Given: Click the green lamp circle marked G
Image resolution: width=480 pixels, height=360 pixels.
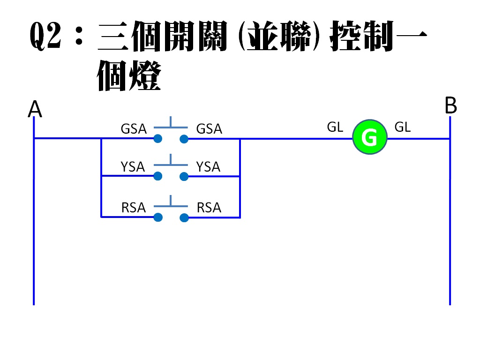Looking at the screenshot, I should click(x=370, y=138).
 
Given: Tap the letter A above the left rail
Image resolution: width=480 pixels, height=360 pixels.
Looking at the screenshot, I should click(x=35, y=110).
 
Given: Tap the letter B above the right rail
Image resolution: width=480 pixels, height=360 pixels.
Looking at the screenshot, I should click(x=450, y=106).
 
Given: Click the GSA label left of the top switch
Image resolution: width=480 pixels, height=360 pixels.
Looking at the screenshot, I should click(x=134, y=128).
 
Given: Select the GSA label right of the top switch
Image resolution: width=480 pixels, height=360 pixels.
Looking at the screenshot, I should click(x=209, y=128).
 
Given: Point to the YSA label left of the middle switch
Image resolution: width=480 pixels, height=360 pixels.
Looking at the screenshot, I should click(x=133, y=166).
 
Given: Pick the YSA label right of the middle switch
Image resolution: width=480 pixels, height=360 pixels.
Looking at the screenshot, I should click(x=208, y=166).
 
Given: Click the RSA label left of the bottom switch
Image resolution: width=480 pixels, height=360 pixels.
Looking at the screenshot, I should click(x=134, y=207).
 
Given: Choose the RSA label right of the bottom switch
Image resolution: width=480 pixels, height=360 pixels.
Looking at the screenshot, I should click(x=209, y=207).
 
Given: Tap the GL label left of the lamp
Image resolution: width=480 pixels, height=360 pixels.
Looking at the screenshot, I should click(x=335, y=127).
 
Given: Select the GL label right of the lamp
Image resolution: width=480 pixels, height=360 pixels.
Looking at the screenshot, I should click(x=403, y=127).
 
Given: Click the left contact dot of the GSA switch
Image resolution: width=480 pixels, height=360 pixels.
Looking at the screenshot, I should click(x=158, y=139).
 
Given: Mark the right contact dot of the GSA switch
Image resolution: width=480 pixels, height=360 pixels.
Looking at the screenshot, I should click(x=184, y=139).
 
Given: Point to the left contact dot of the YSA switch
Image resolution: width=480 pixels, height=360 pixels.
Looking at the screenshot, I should click(x=158, y=176).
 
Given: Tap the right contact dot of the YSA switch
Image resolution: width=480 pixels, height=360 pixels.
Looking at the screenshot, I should click(x=184, y=176).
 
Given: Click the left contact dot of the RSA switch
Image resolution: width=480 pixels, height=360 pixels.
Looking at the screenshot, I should click(x=158, y=217).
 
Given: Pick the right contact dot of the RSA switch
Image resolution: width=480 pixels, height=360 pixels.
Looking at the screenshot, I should click(x=184, y=217).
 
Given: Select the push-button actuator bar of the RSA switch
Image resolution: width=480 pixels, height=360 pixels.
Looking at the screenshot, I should click(x=171, y=206).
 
